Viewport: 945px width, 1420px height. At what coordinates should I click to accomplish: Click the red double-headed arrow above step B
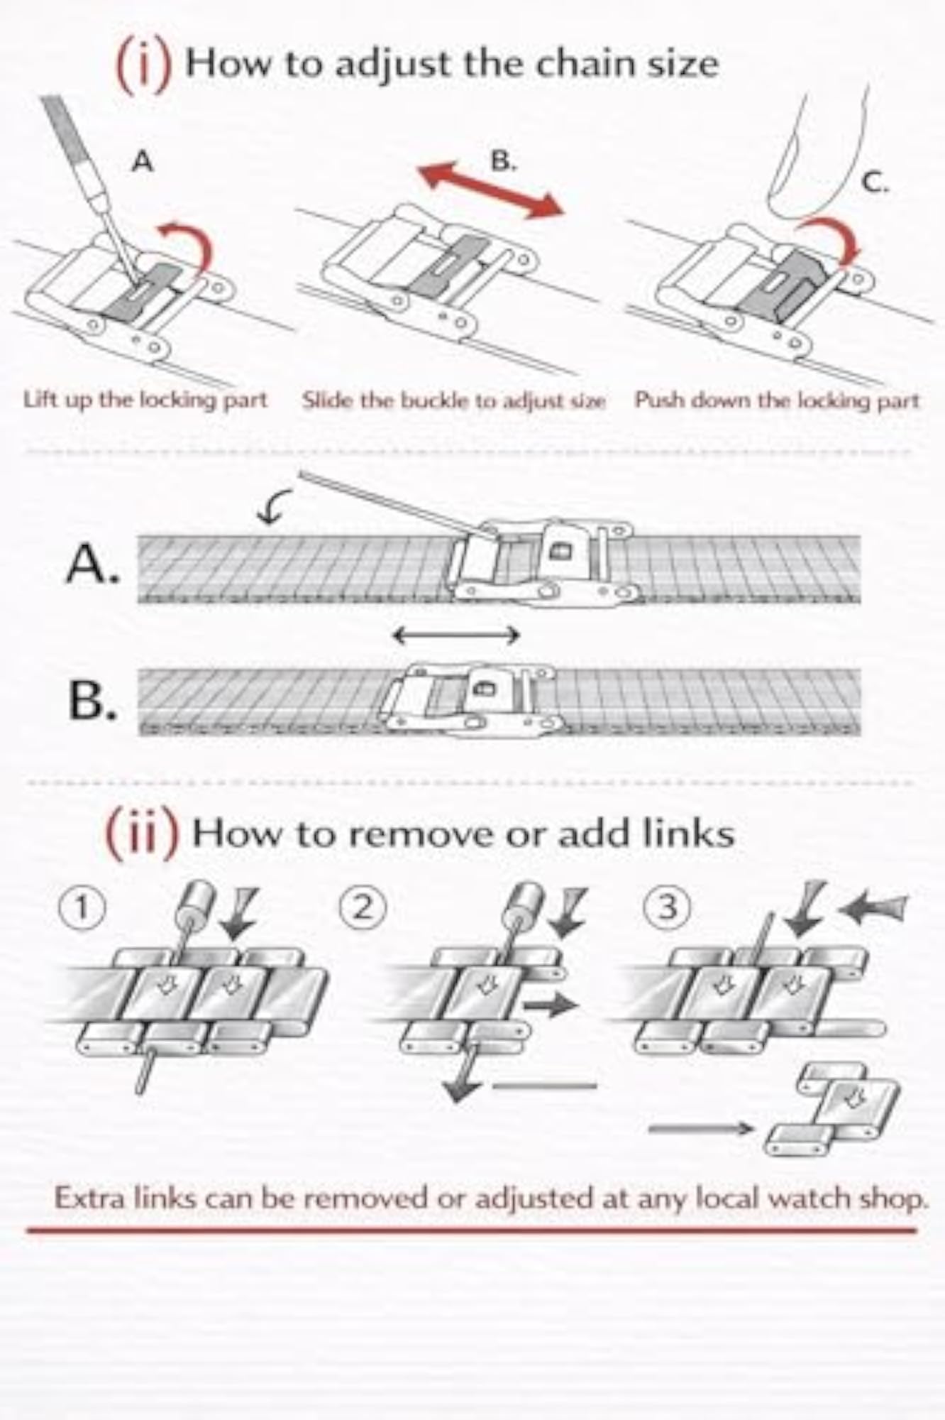pos(492,189)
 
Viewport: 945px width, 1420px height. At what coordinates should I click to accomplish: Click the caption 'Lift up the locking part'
pos(145,400)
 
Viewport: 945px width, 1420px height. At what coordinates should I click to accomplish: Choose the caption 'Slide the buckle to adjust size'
pos(453,400)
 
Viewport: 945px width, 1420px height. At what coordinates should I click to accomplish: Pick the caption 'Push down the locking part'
pos(777,400)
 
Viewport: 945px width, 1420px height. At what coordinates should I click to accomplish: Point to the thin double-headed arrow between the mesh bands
pos(455,634)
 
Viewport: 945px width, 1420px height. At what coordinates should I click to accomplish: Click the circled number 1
pos(82,909)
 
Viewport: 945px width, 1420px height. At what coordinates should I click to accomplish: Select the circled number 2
pos(363,908)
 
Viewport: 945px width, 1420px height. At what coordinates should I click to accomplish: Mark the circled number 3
pos(667,908)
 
